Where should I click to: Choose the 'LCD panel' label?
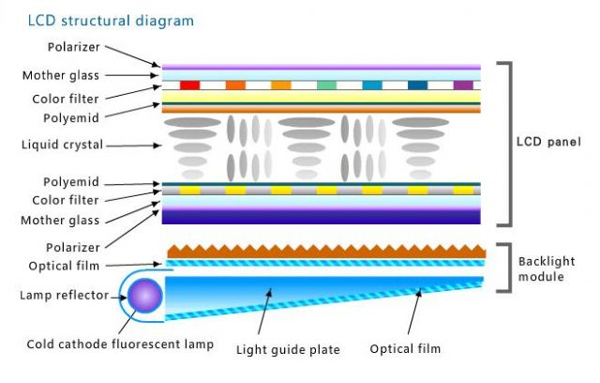pyautogui.click(x=548, y=143)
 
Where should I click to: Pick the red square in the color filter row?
pyautogui.click(x=190, y=84)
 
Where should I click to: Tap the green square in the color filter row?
pyautogui.click(x=326, y=84)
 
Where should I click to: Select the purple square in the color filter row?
pyautogui.click(x=463, y=84)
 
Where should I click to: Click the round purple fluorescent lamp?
pyautogui.click(x=145, y=297)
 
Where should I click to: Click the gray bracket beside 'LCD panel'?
pyautogui.click(x=506, y=144)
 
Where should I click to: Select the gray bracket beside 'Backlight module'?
pyautogui.click(x=506, y=268)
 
